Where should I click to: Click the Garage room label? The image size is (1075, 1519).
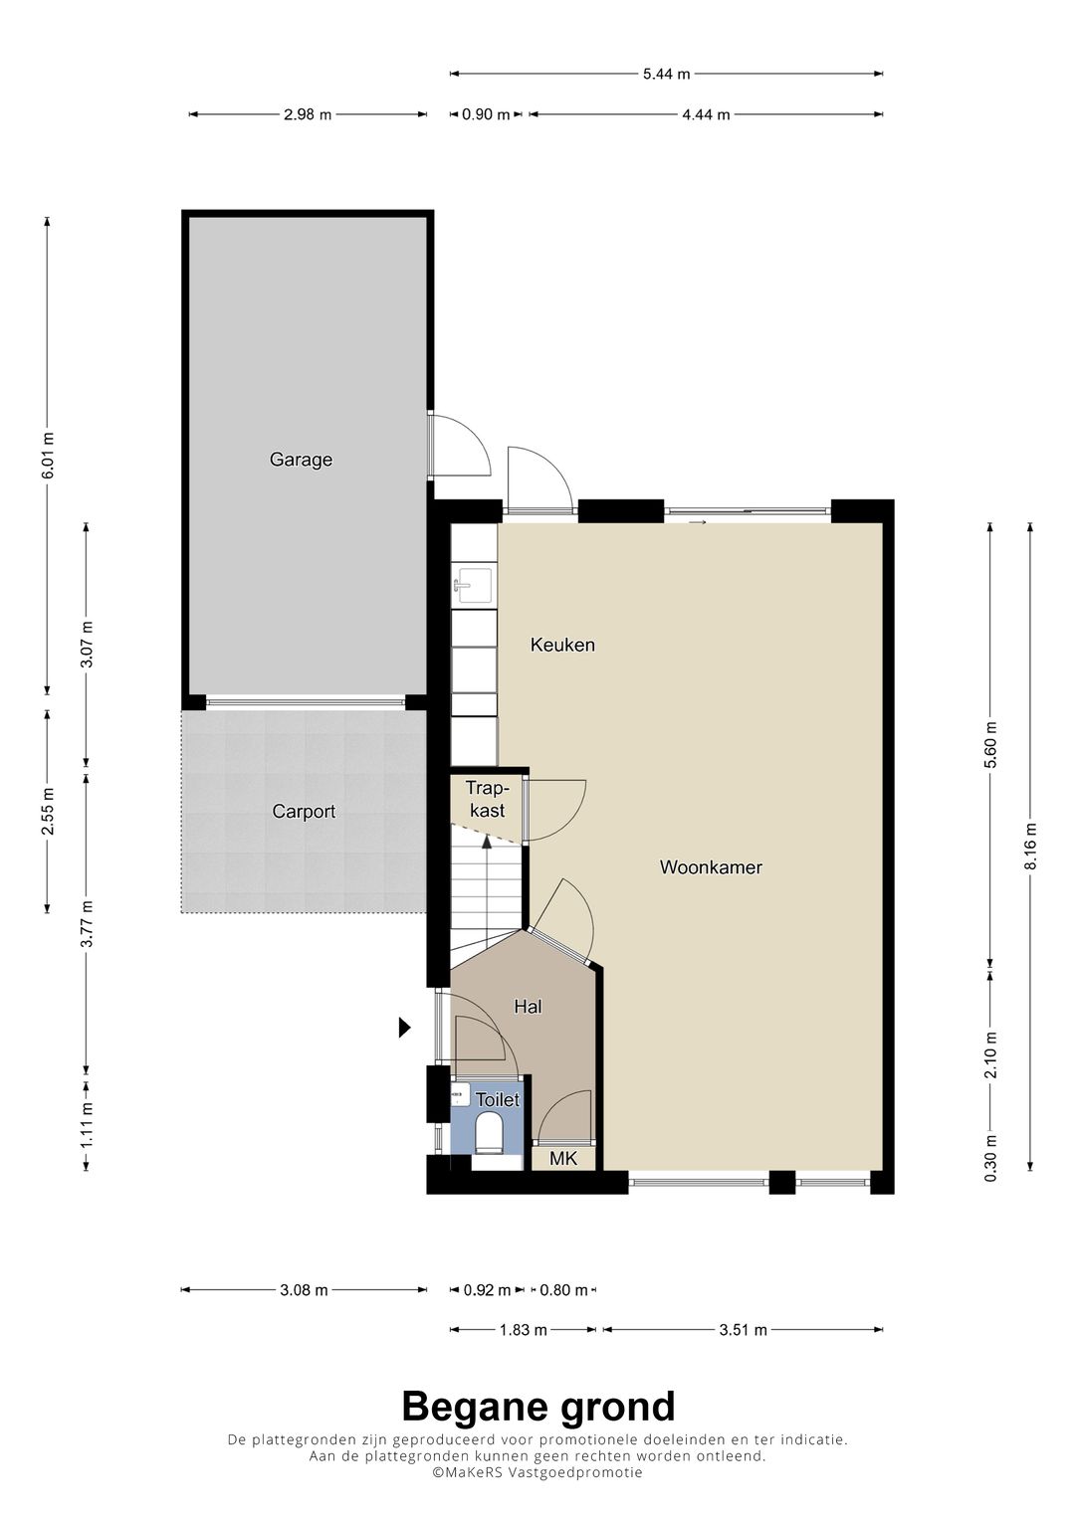pos(301,460)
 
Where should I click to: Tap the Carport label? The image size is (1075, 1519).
pos(304,812)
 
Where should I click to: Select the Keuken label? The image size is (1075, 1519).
pos(562,645)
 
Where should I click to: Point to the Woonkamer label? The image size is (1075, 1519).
pos(711,867)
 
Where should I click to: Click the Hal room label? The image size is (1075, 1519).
pos(528,1007)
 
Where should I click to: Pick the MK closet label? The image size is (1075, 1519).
pos(562,1159)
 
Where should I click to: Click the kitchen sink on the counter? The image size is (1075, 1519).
pos(474,585)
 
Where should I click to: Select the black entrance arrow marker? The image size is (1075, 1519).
pos(404,1028)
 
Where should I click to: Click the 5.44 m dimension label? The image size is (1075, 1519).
pos(667,74)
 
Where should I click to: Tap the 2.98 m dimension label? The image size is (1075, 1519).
pos(308,114)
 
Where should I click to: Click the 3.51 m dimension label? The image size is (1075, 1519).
pos(744,1330)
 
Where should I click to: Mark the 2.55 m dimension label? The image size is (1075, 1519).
pos(48,811)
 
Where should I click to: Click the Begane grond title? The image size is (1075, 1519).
pos(538,1407)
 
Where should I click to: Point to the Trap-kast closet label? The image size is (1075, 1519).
pos(488,799)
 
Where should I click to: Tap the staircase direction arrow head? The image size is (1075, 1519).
pos(486,842)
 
